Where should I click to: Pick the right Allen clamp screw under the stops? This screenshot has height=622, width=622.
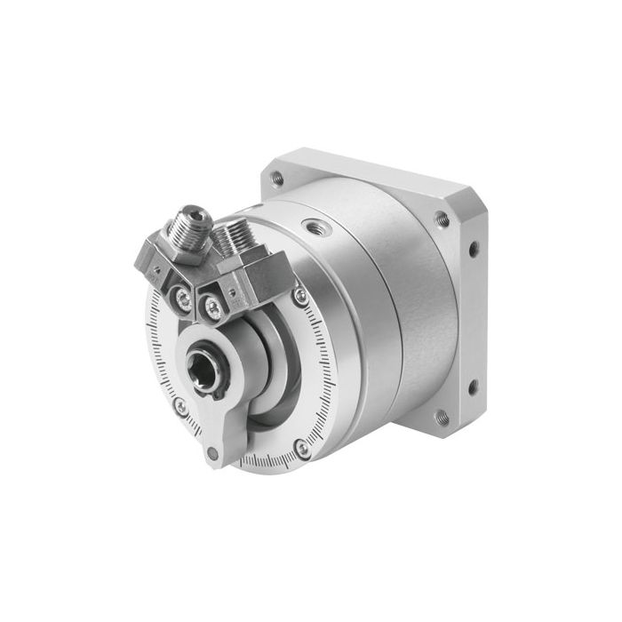[213, 307]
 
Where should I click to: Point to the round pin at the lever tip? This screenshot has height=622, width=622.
[211, 454]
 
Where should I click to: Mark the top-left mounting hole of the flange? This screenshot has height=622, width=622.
[277, 178]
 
